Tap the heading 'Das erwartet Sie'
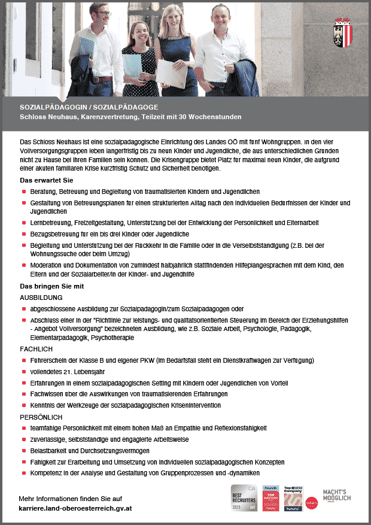(x=47, y=180)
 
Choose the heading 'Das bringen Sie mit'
(x=52, y=286)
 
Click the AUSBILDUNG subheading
(x=41, y=297)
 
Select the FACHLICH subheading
(x=37, y=348)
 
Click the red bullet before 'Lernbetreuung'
(x=24, y=222)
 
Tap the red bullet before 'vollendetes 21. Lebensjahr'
(x=24, y=371)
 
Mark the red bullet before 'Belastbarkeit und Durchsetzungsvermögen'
(x=24, y=451)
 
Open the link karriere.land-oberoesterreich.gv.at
(x=75, y=508)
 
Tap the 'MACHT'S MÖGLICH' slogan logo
(x=337, y=495)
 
